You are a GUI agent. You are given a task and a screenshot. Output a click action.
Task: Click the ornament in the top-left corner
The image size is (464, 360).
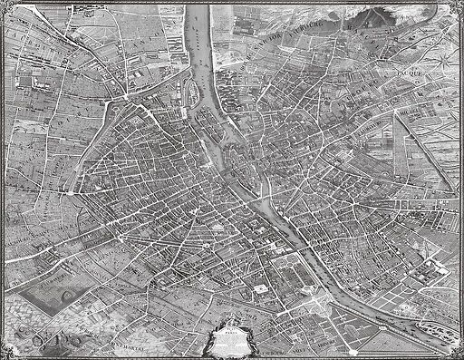[5, 5]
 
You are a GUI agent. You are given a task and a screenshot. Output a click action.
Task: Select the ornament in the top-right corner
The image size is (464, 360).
[459, 5]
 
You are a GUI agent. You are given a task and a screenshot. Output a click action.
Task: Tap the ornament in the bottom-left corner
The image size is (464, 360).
[5, 355]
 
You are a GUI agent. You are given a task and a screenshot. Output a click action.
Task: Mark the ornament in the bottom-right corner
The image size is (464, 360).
[459, 355]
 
